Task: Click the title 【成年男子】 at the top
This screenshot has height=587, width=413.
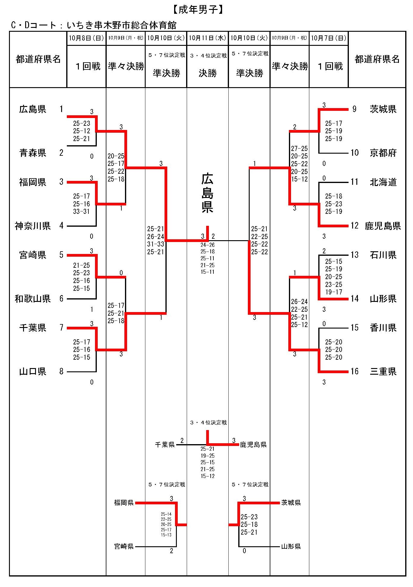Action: tap(198, 10)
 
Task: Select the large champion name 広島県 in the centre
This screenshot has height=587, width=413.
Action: tap(207, 193)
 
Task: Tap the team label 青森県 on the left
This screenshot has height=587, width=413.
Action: tap(33, 153)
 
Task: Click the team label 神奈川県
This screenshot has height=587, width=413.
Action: tap(33, 226)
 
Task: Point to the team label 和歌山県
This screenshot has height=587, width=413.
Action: tap(33, 299)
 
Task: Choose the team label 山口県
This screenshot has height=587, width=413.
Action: tap(33, 372)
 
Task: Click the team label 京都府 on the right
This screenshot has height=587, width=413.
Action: tap(383, 153)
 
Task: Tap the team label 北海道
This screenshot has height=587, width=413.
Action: tap(383, 182)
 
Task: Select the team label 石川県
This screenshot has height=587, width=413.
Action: tap(383, 255)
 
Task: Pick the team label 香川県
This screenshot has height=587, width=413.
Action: tap(383, 328)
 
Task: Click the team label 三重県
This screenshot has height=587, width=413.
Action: tap(383, 372)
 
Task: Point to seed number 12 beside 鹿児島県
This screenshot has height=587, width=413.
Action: tap(355, 226)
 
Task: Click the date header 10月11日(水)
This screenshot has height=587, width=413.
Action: tap(207, 38)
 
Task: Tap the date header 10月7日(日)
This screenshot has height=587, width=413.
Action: tap(328, 38)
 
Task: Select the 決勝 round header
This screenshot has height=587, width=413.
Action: tap(207, 73)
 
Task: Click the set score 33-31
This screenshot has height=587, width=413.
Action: tap(82, 211)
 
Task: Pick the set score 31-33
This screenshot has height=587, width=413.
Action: tap(156, 244)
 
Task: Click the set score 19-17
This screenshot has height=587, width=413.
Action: tap(334, 292)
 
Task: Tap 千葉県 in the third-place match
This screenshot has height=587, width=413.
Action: tap(165, 445)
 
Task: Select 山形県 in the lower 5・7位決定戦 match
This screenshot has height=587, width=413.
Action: tap(291, 547)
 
